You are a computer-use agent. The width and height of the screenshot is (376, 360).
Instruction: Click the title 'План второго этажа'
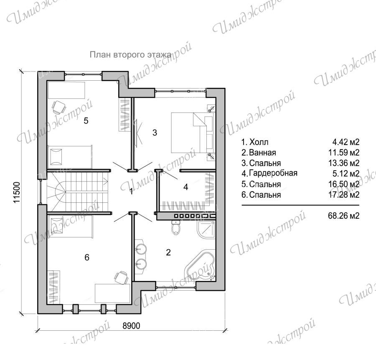coord(131,55)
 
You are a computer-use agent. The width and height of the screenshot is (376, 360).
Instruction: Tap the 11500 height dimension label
coord(17,192)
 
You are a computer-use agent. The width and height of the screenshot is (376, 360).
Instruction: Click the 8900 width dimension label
coord(131,326)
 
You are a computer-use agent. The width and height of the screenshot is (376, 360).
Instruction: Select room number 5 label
coord(86,121)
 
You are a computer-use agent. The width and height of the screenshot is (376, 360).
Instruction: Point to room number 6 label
coord(87,258)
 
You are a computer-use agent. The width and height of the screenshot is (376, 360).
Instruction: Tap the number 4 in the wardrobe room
coord(185,187)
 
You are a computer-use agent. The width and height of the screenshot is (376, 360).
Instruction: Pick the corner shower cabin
coord(206,230)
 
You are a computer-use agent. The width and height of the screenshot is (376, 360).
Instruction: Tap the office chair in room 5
coord(59,107)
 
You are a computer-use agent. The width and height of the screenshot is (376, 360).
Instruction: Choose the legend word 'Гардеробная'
coord(273,173)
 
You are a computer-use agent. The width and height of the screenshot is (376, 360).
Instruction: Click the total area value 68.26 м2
coord(344,216)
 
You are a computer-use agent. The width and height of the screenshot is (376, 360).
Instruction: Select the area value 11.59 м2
coord(344,152)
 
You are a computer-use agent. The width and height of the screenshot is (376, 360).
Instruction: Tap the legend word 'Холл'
coord(259,142)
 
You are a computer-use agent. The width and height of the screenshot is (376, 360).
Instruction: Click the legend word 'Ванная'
coord(263,152)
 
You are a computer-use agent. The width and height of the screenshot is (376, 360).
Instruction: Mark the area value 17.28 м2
coord(344,195)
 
